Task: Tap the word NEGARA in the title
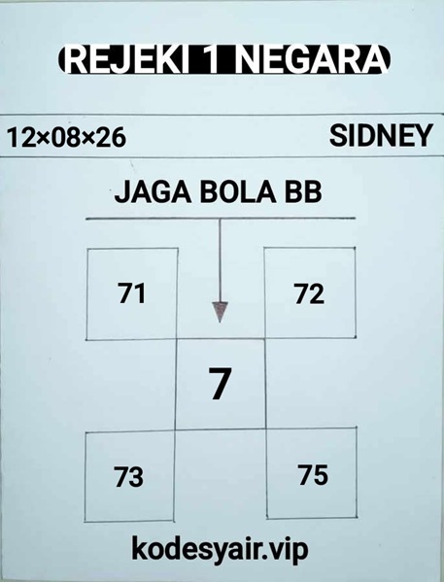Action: pyautogui.click(x=311, y=60)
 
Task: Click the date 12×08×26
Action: pyautogui.click(x=67, y=137)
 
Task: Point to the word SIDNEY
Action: pyautogui.click(x=381, y=135)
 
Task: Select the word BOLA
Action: pyautogui.click(x=238, y=192)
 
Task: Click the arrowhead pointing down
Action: pyautogui.click(x=220, y=312)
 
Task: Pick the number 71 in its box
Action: pyautogui.click(x=132, y=293)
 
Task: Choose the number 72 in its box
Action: pyautogui.click(x=309, y=293)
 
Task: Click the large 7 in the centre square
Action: pyautogui.click(x=220, y=384)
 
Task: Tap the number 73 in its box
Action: pyautogui.click(x=128, y=477)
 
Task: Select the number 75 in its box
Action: pyautogui.click(x=313, y=474)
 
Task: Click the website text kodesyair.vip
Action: pyautogui.click(x=220, y=550)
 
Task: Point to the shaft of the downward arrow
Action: pyautogui.click(x=220, y=260)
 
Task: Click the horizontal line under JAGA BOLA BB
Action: pyautogui.click(x=221, y=219)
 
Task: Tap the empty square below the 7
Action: pyautogui.click(x=221, y=475)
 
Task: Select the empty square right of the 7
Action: pyautogui.click(x=311, y=383)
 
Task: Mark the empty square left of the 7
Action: pyautogui.click(x=131, y=386)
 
